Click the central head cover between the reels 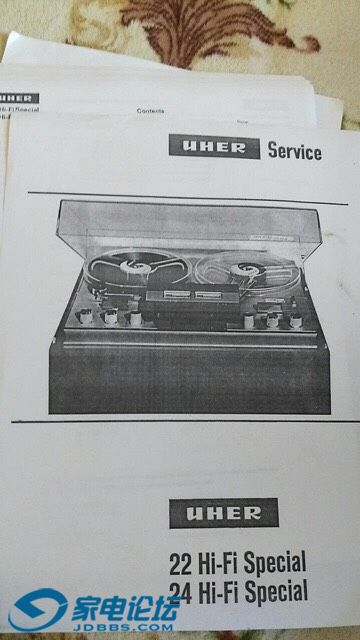coord(184,299)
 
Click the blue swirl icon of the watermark coord(37,608)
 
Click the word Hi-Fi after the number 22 coord(215,562)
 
